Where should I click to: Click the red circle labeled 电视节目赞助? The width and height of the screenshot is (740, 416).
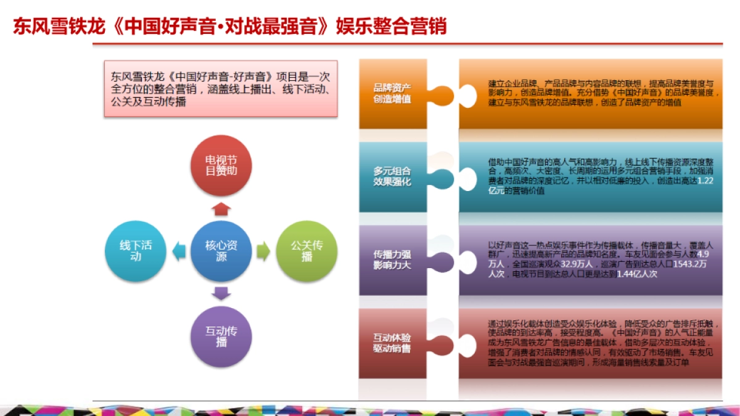click(x=221, y=165)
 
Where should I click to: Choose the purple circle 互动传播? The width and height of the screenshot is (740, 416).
click(x=221, y=336)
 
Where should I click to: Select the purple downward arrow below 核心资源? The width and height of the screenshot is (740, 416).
click(x=221, y=294)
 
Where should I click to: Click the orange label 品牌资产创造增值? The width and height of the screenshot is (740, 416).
click(x=392, y=93)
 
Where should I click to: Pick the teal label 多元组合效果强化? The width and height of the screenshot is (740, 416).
click(x=392, y=176)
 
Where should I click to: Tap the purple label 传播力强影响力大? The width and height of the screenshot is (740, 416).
click(x=392, y=259)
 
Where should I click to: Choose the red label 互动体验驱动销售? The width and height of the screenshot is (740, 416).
click(x=392, y=343)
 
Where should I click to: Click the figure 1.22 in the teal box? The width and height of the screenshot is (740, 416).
click(x=709, y=181)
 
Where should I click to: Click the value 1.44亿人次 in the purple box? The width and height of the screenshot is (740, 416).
click(x=637, y=274)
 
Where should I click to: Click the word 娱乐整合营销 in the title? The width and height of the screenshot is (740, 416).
click(x=391, y=27)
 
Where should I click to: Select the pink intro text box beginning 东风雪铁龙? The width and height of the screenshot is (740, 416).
click(x=221, y=88)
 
